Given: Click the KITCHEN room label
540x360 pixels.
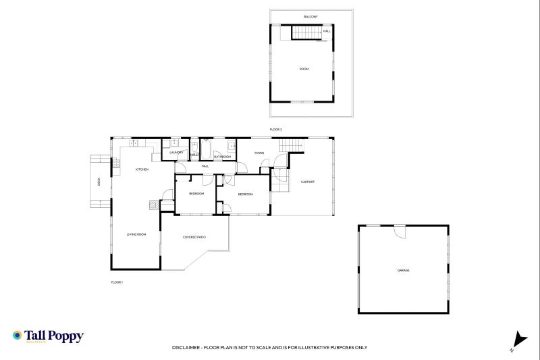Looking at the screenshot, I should click(142, 169).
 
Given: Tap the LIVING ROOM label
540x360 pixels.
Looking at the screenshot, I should click(136, 234).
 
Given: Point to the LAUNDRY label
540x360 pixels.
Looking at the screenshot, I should click(177, 153).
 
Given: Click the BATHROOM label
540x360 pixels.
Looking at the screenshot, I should click(223, 157).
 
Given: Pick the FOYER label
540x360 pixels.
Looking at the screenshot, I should click(259, 153).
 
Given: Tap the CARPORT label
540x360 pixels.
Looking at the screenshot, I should click(308, 182).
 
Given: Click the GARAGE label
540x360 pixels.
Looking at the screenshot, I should click(403, 270).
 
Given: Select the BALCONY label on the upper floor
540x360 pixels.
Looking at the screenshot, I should click(310, 16).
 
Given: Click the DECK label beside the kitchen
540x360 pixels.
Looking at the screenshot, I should click(99, 182).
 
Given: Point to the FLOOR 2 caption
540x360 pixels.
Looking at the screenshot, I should click(275, 128).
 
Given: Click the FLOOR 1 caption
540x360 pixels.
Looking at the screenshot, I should click(117, 282).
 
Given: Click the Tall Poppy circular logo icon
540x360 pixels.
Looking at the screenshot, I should click(18, 335).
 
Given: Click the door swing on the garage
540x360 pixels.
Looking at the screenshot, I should click(400, 232).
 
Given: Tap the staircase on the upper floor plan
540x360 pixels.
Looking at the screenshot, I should click(306, 32).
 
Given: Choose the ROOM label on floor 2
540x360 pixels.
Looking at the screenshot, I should click(304, 69).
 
